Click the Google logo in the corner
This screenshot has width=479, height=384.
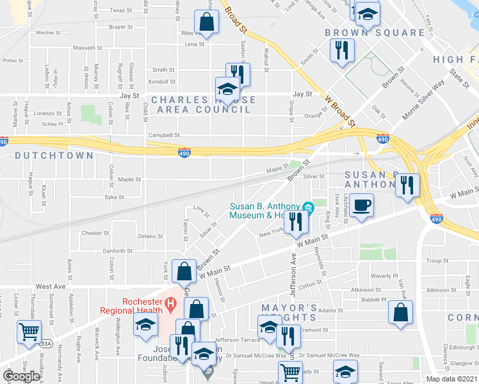[22, 376]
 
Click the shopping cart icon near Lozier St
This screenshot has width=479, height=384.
[29, 332]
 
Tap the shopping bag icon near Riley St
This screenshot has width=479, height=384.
[207, 22]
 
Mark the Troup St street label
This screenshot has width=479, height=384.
[437, 261]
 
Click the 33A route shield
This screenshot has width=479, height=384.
[45, 344]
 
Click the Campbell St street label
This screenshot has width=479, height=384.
[164, 135]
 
